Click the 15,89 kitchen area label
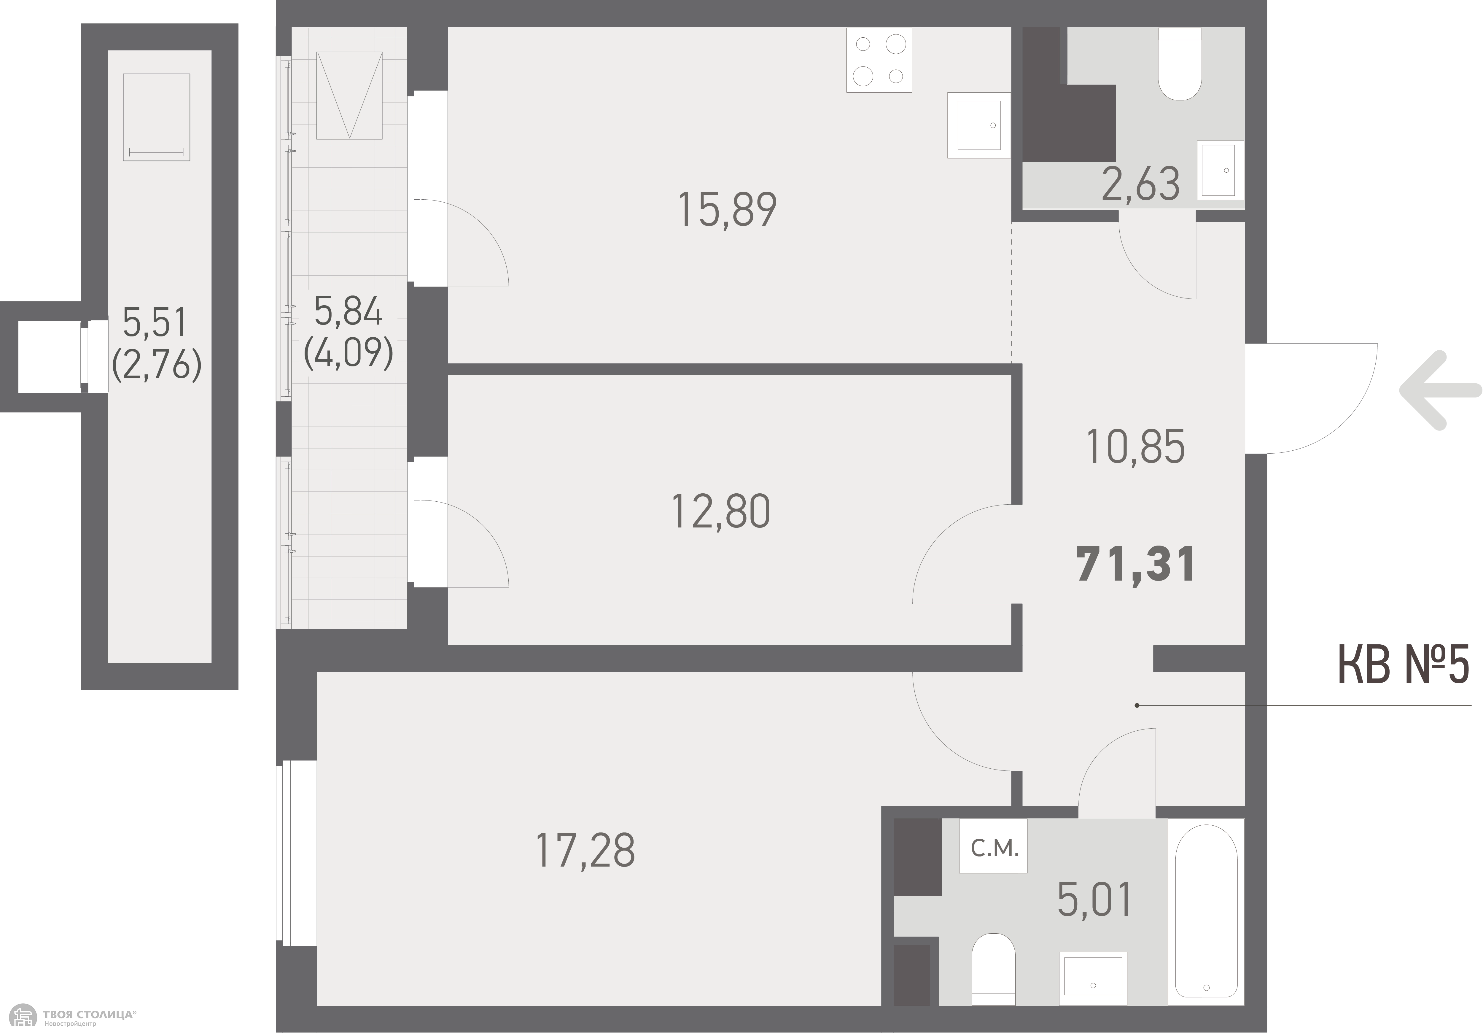tap(727, 209)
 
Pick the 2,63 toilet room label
tap(1141, 183)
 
